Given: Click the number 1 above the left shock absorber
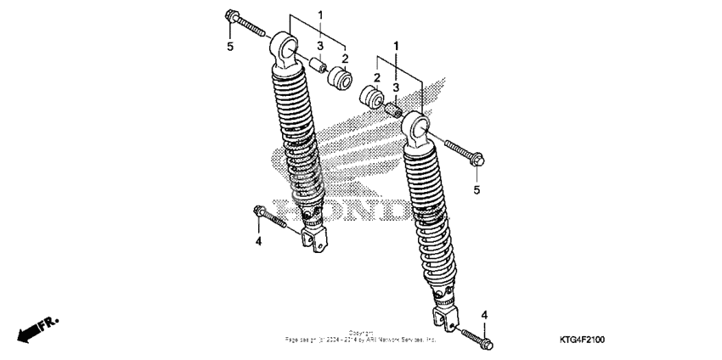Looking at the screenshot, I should [x=320, y=15].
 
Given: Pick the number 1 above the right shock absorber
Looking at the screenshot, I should [x=395, y=43].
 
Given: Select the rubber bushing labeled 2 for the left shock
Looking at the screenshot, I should [x=341, y=81].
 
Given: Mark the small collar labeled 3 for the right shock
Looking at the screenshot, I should [x=393, y=110].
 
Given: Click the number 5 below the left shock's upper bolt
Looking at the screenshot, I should [x=230, y=47].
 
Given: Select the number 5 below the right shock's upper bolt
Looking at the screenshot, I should [x=477, y=189].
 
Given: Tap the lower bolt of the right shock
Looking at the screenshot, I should [x=476, y=337].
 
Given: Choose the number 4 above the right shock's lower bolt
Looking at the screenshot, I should [x=485, y=315].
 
